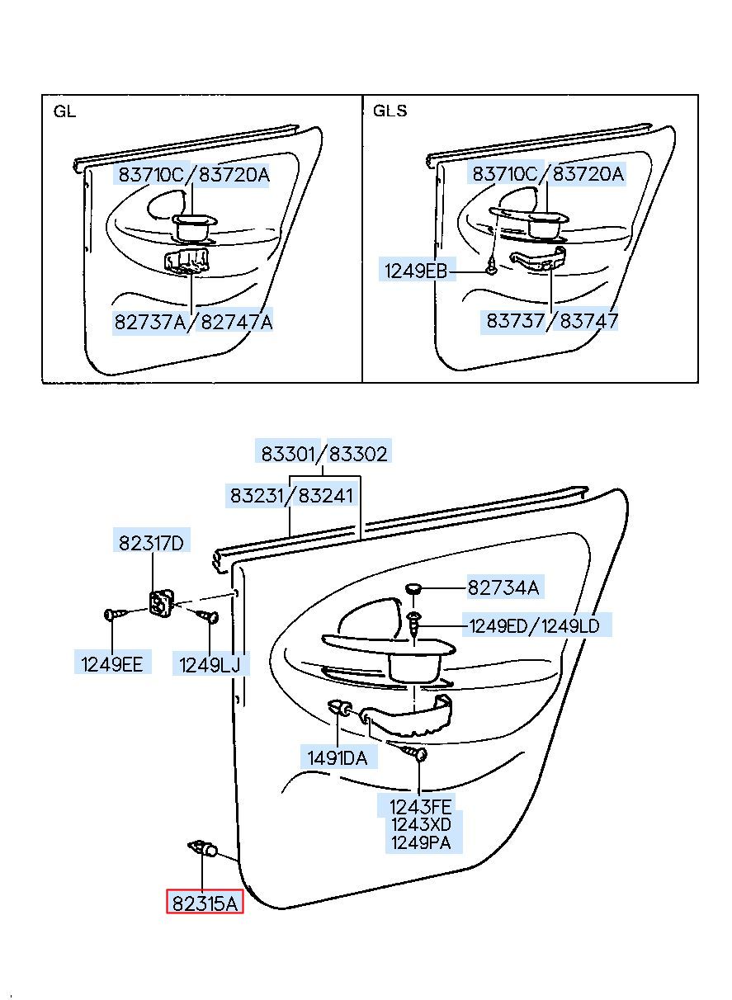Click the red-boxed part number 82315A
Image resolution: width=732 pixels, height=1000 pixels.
tap(205, 903)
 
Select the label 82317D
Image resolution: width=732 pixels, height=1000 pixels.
tap(152, 543)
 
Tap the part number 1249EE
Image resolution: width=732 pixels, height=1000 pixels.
tap(113, 663)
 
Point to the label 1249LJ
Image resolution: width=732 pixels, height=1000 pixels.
tap(210, 663)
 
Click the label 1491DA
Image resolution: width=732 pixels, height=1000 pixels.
tap(338, 757)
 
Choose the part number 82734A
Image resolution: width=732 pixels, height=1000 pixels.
tap(503, 587)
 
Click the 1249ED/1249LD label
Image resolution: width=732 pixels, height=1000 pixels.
tap(535, 625)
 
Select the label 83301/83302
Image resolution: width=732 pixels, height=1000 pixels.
tap(324, 453)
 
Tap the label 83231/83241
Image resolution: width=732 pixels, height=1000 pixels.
tap(291, 495)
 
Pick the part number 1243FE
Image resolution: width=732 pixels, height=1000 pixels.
tap(421, 806)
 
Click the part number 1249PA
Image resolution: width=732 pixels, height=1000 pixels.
tap(421, 842)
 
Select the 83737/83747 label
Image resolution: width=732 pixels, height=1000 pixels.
tap(551, 321)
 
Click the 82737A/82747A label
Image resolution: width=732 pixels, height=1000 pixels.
tap(193, 322)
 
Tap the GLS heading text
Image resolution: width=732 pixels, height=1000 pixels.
tap(390, 111)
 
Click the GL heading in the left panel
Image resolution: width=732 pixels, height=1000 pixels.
tap(64, 111)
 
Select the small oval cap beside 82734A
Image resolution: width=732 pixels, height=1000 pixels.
tap(415, 587)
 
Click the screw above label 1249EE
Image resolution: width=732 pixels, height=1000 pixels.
tap(116, 614)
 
